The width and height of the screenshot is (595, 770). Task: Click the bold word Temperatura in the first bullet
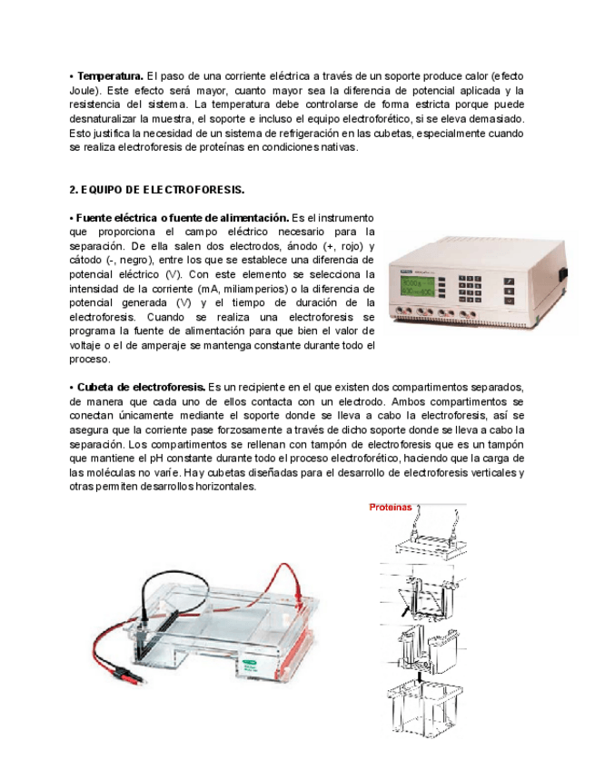110,74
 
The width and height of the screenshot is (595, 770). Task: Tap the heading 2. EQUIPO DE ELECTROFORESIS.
157,190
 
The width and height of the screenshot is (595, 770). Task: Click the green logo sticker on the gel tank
248,665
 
